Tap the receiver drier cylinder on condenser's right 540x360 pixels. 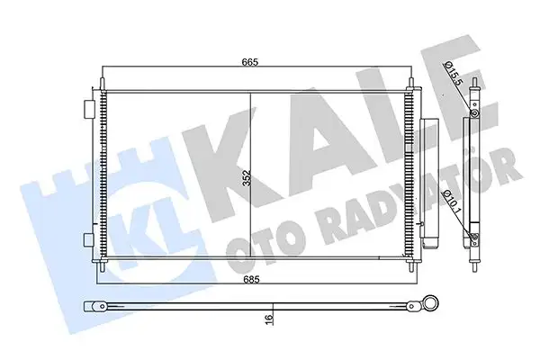click(x=427, y=184)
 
